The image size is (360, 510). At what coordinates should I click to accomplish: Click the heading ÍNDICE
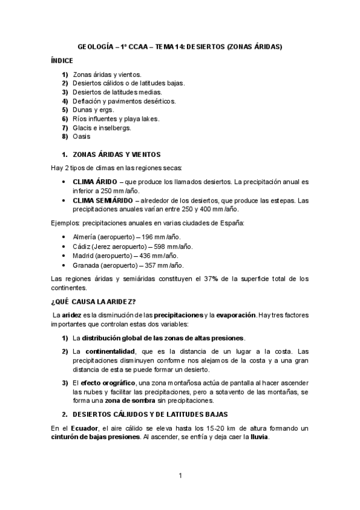point(62,61)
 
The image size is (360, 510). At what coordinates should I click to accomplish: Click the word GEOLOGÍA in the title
point(96,46)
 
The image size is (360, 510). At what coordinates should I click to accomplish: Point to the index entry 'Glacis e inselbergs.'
point(102,128)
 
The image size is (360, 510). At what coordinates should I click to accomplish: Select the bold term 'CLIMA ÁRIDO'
point(94,181)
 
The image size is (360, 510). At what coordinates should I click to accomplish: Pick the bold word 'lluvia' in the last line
point(259,437)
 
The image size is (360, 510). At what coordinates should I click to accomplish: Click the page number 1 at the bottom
point(180,476)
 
